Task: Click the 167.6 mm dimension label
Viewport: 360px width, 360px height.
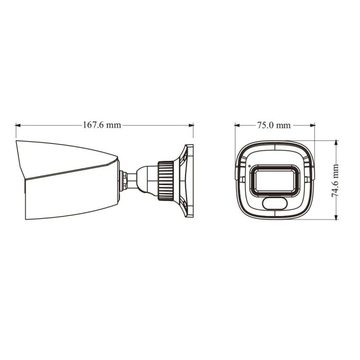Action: point(102,125)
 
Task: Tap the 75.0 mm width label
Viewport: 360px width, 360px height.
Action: point(274,125)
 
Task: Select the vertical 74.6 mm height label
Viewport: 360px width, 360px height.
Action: point(335,181)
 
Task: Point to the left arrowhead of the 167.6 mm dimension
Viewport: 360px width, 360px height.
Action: point(18,125)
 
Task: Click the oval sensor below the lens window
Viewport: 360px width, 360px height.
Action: point(273,204)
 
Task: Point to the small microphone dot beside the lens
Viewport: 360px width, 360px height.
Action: point(249,167)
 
